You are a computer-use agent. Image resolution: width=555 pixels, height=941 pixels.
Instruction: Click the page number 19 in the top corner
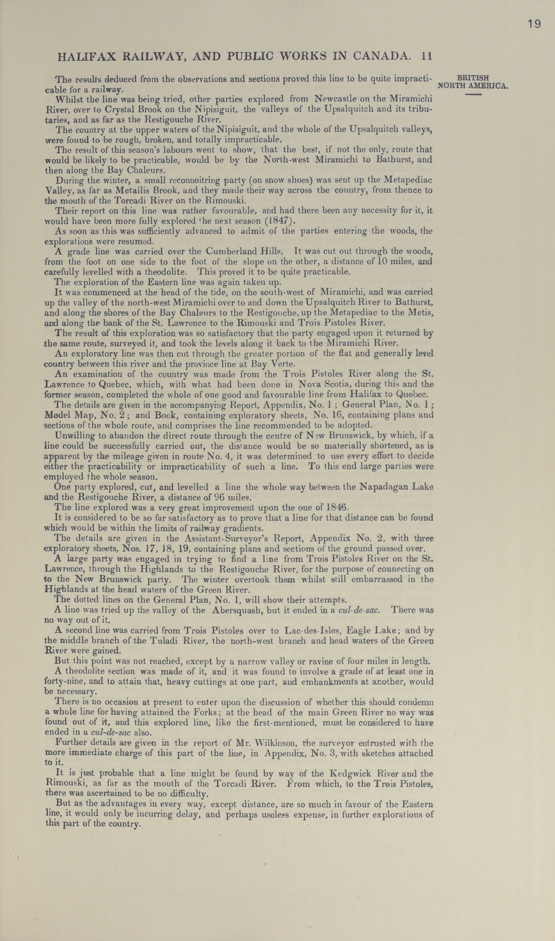click(x=534, y=24)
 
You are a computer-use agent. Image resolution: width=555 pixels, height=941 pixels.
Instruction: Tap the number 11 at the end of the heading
click(x=426, y=56)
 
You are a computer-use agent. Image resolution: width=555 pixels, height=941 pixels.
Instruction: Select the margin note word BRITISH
click(x=473, y=78)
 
